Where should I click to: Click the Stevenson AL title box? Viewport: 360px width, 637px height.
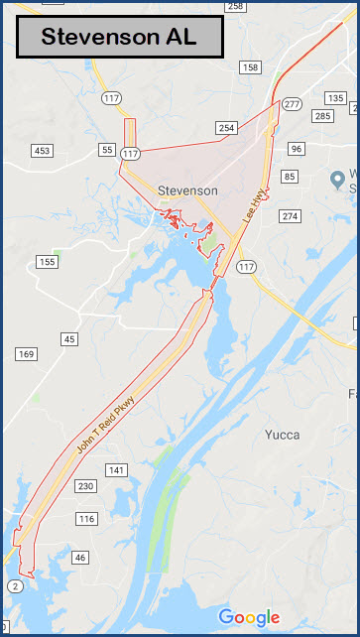119,38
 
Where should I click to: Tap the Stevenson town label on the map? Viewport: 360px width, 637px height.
187,190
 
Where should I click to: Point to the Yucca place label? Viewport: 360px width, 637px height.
283,434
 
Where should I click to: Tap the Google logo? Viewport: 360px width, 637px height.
248,616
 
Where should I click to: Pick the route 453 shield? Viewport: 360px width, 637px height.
42,151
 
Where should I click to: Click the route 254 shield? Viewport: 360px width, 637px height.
227,128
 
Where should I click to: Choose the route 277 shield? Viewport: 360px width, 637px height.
291,104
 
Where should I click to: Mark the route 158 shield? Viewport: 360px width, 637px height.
250,67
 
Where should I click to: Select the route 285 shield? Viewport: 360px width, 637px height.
322,116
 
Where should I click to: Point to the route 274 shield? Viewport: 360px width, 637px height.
289,215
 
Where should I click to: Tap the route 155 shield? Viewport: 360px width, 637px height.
47,262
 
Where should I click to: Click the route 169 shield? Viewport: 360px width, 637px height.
26,354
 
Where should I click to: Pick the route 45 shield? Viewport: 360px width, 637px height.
68,339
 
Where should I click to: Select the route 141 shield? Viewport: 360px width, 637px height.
116,469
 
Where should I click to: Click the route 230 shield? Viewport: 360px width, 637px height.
85,486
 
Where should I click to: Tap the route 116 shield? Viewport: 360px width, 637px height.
87,519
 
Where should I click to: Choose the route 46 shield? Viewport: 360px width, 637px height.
80,558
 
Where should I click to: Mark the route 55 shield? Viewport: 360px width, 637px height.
107,149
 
